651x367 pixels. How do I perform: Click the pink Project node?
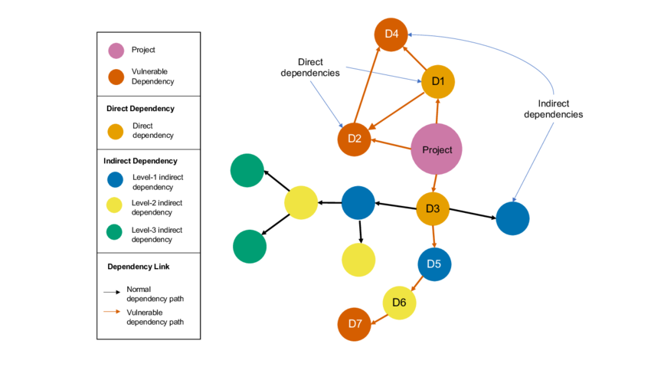point(437,149)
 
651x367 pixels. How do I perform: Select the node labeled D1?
point(438,81)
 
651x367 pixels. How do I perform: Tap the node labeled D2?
point(354,139)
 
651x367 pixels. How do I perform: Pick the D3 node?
point(433,208)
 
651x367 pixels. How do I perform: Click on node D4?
point(391,34)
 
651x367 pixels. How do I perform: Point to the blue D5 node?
point(434,264)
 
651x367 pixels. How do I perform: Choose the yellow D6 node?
point(399,303)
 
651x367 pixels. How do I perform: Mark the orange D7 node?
point(354,324)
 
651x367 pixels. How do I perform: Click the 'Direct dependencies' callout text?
point(309,67)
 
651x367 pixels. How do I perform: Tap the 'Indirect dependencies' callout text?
point(553,109)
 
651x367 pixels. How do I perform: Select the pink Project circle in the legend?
point(116,51)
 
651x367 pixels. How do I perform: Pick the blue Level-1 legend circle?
point(115,181)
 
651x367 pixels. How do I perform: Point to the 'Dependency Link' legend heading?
point(139,267)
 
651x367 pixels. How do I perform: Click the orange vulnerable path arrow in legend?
point(112,312)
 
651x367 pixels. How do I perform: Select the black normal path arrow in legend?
point(112,292)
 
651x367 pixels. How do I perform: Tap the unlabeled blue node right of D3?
point(512,218)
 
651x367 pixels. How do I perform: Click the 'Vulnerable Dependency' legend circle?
point(116,77)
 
